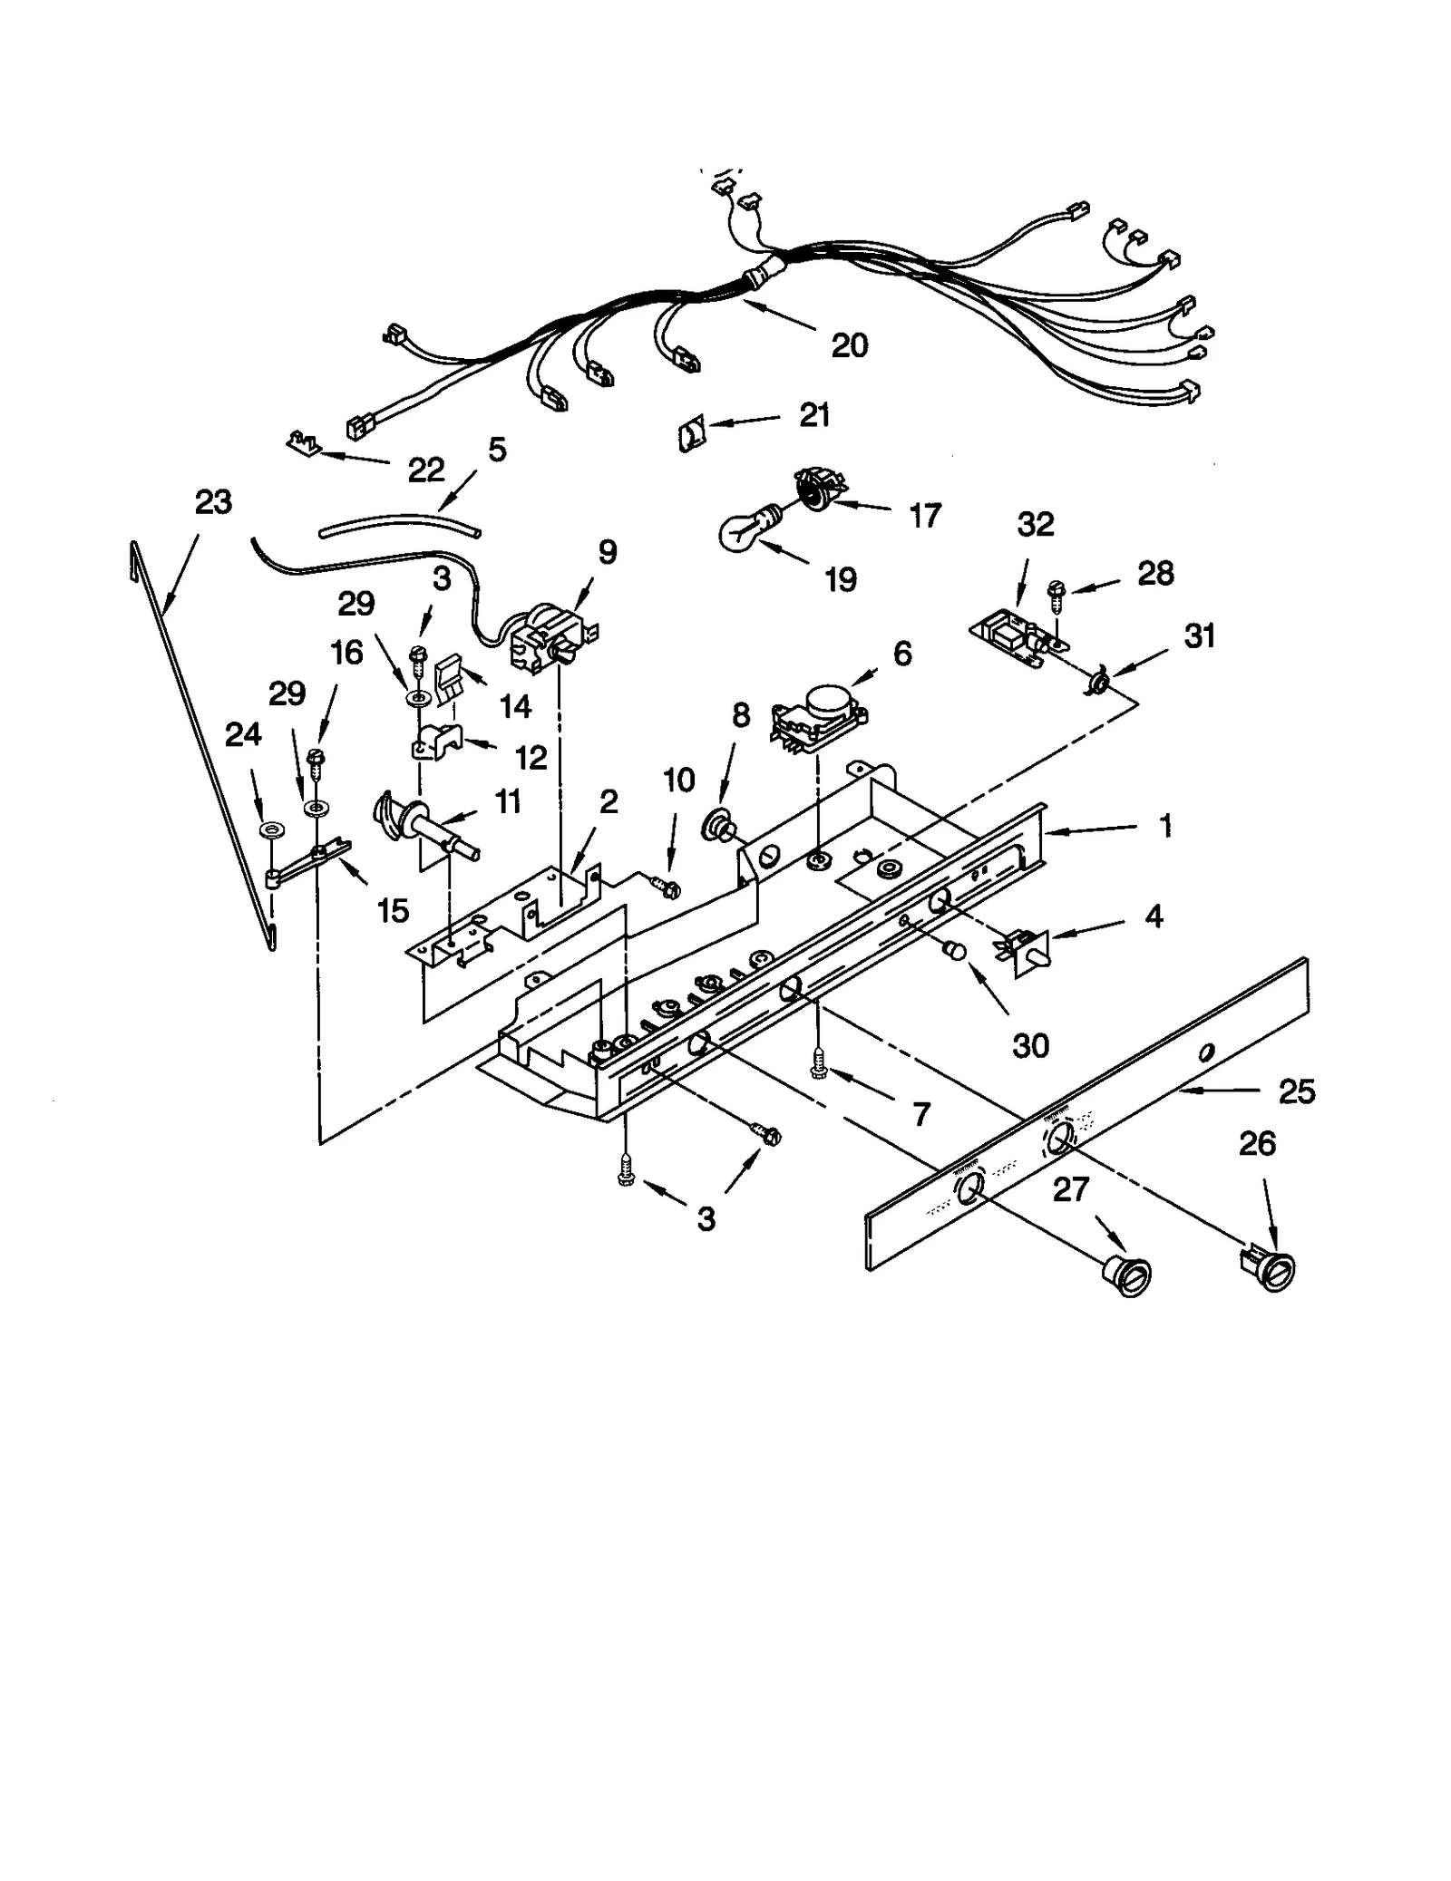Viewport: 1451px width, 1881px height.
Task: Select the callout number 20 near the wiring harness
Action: (x=849, y=345)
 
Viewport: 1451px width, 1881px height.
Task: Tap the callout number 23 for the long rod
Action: (x=214, y=502)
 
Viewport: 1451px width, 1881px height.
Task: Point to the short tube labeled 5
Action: (x=399, y=525)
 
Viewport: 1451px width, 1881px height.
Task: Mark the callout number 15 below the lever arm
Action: (x=393, y=910)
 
